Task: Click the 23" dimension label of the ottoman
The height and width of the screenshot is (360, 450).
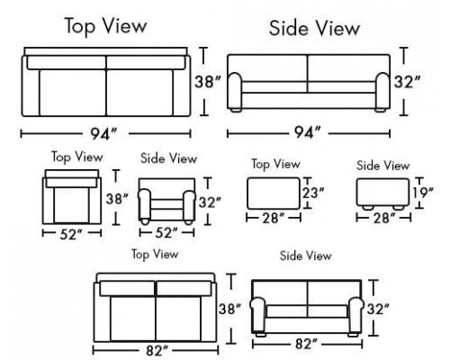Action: click(313, 193)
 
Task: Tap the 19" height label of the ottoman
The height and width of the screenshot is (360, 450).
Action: click(423, 193)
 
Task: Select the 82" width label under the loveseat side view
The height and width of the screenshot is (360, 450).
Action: click(306, 344)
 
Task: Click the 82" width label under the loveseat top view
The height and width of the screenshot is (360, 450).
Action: click(157, 350)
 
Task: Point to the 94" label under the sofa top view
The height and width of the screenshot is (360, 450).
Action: click(103, 133)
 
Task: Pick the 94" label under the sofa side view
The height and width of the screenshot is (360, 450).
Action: click(307, 132)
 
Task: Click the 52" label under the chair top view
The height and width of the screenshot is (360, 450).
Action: click(71, 234)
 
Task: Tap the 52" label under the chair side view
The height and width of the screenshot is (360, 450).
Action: click(166, 233)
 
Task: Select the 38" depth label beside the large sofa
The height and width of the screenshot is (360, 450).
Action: click(208, 82)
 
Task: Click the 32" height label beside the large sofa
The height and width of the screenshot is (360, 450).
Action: click(408, 82)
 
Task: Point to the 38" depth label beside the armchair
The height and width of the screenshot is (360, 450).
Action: click(117, 199)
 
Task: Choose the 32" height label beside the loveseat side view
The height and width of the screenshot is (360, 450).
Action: click(378, 309)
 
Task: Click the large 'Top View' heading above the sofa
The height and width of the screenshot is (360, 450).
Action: click(106, 26)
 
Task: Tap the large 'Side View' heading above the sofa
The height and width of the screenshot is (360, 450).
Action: click(314, 28)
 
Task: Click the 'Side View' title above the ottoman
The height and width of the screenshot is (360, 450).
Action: click(382, 166)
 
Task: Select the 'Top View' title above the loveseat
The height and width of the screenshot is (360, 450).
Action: click(155, 255)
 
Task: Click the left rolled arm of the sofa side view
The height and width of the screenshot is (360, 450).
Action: click(235, 91)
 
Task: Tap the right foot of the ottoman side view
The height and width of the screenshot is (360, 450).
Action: click(399, 207)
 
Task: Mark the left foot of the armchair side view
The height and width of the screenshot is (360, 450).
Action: click(145, 222)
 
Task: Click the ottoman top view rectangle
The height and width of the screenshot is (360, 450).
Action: click(274, 193)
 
